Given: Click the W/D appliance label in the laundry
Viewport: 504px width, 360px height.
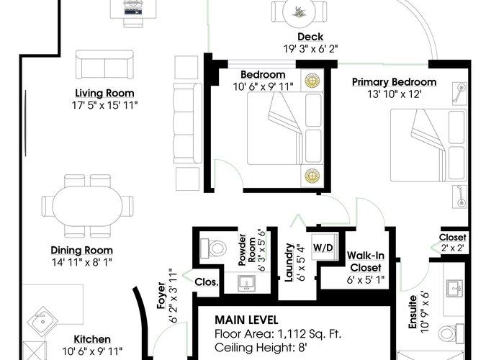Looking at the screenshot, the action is tap(323, 248).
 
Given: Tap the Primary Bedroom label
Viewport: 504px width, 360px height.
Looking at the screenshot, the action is tap(395, 82).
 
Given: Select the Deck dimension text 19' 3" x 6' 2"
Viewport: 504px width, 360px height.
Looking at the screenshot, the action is tap(310, 49).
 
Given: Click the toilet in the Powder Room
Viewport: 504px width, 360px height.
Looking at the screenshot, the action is tap(213, 248).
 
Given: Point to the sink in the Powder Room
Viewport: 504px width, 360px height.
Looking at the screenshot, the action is tap(246, 283).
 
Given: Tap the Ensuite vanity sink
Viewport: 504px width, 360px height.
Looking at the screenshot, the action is tap(454, 288).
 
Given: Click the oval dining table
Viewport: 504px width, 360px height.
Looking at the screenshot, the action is tap(87, 206).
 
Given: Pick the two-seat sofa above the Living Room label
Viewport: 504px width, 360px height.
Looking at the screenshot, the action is tap(105, 64).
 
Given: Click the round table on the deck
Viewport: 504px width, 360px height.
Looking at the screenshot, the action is tap(300, 12).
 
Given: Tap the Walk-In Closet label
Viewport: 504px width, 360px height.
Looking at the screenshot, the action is tap(366, 261).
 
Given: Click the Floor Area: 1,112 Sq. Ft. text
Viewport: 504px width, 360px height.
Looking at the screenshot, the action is tap(278, 334).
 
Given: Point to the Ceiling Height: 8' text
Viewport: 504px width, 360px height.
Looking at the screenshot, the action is tap(261, 348).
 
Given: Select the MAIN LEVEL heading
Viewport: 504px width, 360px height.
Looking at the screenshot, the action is tap(246, 320).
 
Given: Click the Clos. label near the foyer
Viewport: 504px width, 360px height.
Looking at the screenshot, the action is tap(207, 282).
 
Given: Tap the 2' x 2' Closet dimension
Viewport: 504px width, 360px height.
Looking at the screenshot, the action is tap(452, 248).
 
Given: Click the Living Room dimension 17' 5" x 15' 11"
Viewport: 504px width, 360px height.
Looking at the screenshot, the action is tap(105, 105).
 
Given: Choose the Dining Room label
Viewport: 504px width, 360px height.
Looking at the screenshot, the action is tap(81, 250).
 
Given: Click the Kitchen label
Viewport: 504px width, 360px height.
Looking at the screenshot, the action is tap(92, 339).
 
